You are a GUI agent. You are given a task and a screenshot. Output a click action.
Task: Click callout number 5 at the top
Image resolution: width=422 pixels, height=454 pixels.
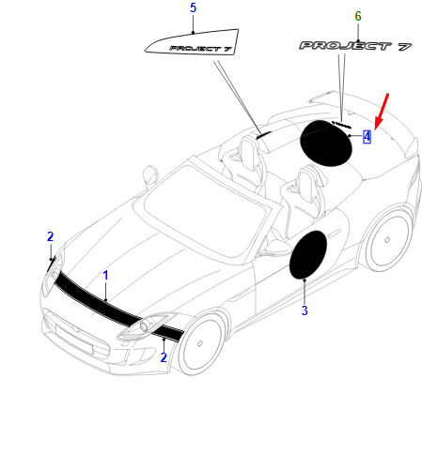[x=193, y=8]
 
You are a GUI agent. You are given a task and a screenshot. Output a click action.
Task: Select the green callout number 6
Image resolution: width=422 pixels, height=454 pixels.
[x=358, y=16]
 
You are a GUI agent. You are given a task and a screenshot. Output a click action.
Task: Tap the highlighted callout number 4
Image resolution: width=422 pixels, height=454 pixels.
[x=367, y=137]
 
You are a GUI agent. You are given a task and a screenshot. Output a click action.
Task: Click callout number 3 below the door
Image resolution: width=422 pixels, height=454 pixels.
[x=305, y=310]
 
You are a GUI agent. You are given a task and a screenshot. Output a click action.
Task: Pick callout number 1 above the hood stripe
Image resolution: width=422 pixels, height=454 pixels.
[x=105, y=276]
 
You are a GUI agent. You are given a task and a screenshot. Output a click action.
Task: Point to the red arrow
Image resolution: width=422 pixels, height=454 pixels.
[x=382, y=111]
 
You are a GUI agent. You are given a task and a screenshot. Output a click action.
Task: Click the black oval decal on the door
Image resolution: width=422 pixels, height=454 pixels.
[x=308, y=254]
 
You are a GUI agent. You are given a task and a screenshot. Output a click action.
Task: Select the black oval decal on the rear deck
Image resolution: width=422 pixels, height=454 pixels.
[x=326, y=143]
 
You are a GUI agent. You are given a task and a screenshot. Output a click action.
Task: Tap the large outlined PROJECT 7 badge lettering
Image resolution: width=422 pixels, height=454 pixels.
[x=355, y=46]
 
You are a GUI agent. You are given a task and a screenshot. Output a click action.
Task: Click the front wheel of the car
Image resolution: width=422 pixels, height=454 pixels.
[x=199, y=343]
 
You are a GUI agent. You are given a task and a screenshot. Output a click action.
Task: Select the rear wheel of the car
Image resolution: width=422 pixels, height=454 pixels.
[x=388, y=239]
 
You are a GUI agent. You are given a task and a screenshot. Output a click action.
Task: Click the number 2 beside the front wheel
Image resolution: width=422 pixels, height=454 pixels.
[x=164, y=357]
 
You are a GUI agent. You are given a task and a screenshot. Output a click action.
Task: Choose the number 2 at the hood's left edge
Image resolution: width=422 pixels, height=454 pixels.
[x=50, y=236]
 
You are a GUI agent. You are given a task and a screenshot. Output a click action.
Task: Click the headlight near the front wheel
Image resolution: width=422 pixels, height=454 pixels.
[x=145, y=326]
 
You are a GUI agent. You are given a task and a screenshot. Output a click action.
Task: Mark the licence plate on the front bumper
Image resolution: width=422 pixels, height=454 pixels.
[x=74, y=340]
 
